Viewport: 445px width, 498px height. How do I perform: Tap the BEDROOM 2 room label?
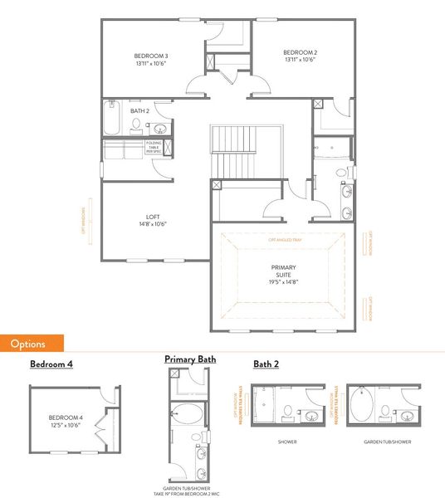(x=300, y=51)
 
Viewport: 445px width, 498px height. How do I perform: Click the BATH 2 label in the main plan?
(x=139, y=110)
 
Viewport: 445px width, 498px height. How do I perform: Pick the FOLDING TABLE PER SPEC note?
(x=154, y=147)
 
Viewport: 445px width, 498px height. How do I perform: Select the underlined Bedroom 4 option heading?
(x=51, y=364)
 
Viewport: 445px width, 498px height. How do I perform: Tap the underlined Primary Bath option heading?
(x=190, y=359)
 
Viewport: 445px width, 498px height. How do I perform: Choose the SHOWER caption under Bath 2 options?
(x=287, y=442)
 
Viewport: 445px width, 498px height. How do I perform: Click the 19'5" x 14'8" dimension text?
(x=283, y=281)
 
